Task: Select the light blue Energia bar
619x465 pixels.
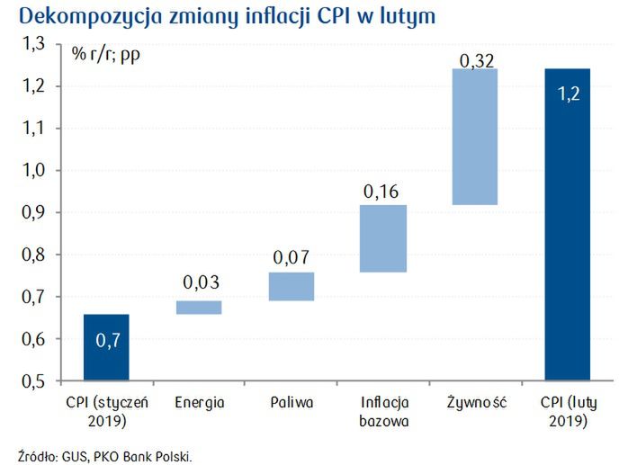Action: (x=200, y=308)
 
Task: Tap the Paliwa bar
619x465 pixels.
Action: (x=292, y=286)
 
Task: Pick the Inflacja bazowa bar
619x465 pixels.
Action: (x=383, y=238)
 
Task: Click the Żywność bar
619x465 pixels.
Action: (x=476, y=137)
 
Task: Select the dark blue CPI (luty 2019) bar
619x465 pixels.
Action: (x=568, y=224)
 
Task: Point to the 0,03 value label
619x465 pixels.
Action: (x=200, y=283)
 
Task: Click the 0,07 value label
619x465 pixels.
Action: (x=292, y=258)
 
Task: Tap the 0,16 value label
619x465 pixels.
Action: (x=383, y=191)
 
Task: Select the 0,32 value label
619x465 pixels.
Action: (x=476, y=60)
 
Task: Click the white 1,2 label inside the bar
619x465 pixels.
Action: (x=568, y=94)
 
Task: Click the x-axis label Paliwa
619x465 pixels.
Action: (x=292, y=402)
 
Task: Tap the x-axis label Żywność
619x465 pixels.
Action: (x=476, y=402)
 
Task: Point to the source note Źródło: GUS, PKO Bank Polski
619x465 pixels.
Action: (x=104, y=454)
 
